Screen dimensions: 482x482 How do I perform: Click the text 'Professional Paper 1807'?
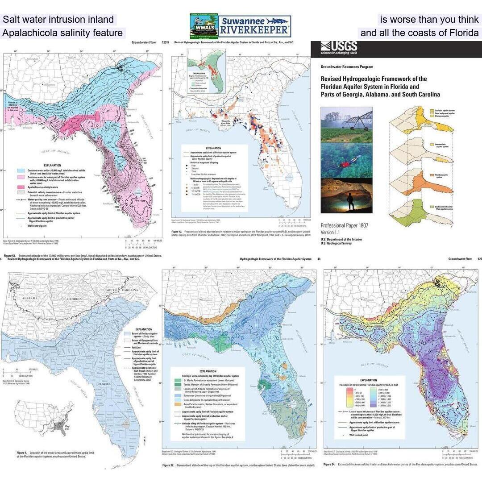tap(344, 225)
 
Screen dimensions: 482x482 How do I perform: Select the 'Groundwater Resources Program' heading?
tap(347, 66)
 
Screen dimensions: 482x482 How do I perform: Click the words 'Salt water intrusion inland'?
tap(58, 20)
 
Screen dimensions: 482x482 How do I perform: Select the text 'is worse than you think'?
tap(429, 20)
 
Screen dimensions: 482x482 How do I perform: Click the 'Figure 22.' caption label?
tap(168, 465)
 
